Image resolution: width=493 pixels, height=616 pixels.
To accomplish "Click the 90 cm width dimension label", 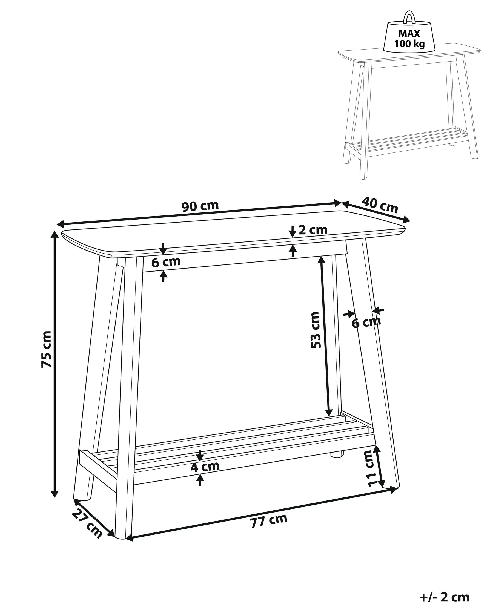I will coord(200,206).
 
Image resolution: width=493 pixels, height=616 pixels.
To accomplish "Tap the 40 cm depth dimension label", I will coord(380,205).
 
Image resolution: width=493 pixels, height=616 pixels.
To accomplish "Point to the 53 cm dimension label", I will coord(315,330).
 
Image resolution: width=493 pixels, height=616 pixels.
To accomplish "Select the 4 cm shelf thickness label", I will coord(205,467).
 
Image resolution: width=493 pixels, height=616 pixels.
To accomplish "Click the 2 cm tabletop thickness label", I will coord(313,230).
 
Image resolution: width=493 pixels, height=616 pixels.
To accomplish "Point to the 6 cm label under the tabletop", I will coord(166,262).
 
